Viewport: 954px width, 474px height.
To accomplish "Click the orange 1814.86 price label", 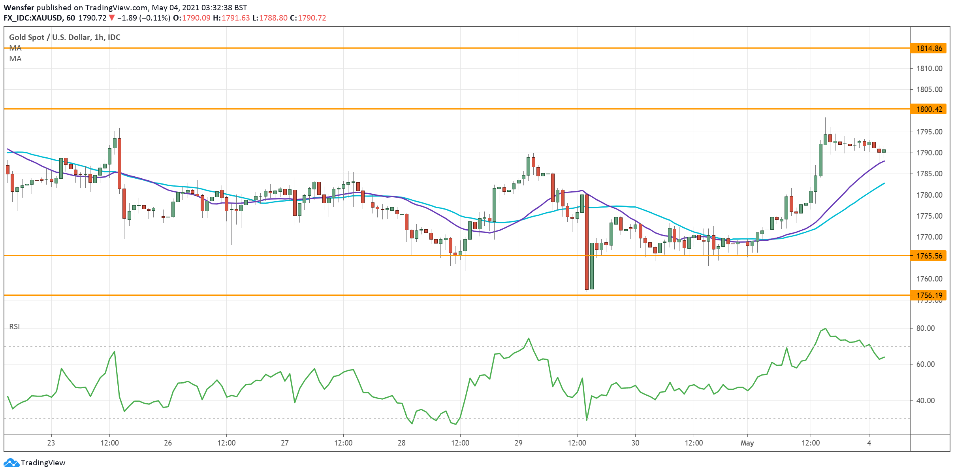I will pos(929,48).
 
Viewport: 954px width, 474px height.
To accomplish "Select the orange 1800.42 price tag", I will pos(929,109).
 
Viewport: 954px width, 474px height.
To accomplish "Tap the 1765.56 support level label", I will pos(929,256).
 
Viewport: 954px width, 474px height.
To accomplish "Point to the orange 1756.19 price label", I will pos(929,295).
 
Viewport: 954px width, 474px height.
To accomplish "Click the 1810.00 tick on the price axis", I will pos(929,68).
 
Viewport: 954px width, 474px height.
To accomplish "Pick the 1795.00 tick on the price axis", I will pos(929,132).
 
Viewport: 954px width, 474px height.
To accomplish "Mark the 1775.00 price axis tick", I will pos(929,216).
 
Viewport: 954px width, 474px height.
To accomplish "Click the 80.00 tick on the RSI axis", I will pos(925,328).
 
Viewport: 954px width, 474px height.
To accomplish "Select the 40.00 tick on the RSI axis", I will pos(925,400).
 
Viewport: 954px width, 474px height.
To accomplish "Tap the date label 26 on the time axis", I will pos(168,443).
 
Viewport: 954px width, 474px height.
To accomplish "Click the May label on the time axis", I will pos(747,443).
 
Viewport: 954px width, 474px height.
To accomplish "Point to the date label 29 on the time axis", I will pos(518,443).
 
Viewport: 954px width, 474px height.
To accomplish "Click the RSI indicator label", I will pos(15,327).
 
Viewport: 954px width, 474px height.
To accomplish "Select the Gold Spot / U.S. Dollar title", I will pos(64,37).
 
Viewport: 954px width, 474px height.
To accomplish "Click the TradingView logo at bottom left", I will pos(34,463).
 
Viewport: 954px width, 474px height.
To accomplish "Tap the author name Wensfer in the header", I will pos(19,8).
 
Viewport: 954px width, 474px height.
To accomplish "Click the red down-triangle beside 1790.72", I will pos(112,18).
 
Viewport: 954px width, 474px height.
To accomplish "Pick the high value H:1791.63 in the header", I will pos(231,18).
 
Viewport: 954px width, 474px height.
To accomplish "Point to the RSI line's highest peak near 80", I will pos(825,329).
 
